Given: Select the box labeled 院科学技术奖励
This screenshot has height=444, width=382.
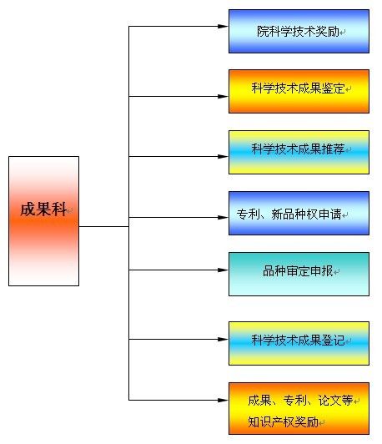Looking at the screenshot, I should click(x=299, y=32).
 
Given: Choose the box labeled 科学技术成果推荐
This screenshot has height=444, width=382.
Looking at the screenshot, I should click(x=299, y=151).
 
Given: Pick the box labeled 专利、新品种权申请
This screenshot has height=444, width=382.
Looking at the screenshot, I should click(x=299, y=214).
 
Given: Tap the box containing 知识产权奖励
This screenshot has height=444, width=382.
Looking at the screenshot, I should click(x=299, y=408).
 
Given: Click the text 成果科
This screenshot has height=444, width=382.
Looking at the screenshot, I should click(x=43, y=209).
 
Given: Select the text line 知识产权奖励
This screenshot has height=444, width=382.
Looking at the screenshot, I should click(x=283, y=421).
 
